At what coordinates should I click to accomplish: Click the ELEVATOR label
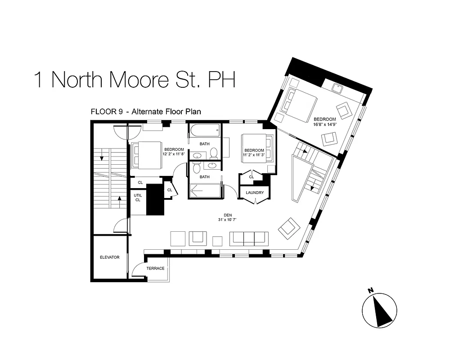109,257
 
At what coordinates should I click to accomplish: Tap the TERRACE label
155,269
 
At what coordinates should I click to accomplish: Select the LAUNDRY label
255,193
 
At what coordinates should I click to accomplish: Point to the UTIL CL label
138,197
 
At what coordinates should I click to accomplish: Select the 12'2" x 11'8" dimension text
174,154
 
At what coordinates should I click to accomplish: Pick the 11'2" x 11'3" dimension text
254,155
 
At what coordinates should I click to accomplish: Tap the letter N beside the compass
370,291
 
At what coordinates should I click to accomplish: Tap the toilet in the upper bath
214,153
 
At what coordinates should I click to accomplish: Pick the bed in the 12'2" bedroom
146,155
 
